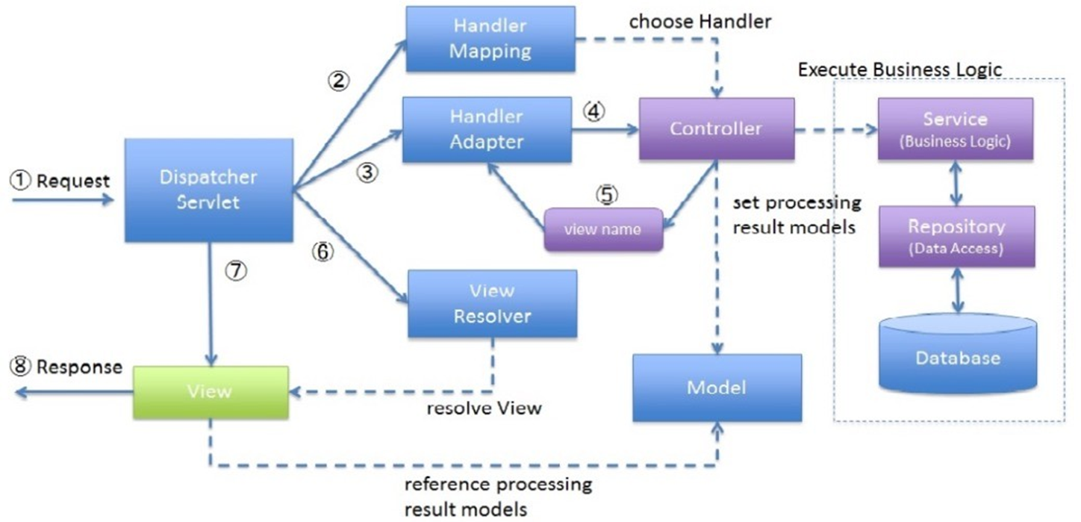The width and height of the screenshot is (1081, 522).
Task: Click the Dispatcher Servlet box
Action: (x=208, y=190)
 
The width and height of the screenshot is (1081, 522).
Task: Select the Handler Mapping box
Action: (x=490, y=39)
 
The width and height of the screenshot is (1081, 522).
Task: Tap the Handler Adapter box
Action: (x=486, y=129)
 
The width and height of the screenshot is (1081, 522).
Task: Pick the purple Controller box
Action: (x=715, y=128)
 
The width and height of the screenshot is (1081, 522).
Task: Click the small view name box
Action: (x=603, y=229)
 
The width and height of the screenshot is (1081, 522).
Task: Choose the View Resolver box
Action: (x=491, y=303)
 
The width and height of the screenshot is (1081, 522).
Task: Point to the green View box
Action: (x=211, y=391)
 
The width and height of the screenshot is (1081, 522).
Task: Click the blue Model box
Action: (x=717, y=388)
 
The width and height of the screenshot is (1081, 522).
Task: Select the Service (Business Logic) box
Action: (x=955, y=128)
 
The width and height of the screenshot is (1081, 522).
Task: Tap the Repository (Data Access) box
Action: (x=956, y=236)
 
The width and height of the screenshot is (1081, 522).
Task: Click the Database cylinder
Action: (x=958, y=355)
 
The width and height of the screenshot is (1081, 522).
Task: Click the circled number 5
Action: (x=607, y=194)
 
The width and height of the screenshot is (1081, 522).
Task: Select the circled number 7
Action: (x=236, y=272)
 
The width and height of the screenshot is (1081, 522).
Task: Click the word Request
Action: (x=72, y=181)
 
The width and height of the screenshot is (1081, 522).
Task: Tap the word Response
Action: (x=78, y=367)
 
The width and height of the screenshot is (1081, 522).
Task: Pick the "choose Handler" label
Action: (x=700, y=22)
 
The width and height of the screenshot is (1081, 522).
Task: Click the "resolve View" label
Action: (x=484, y=408)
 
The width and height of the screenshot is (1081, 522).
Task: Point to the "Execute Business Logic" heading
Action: (x=900, y=69)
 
